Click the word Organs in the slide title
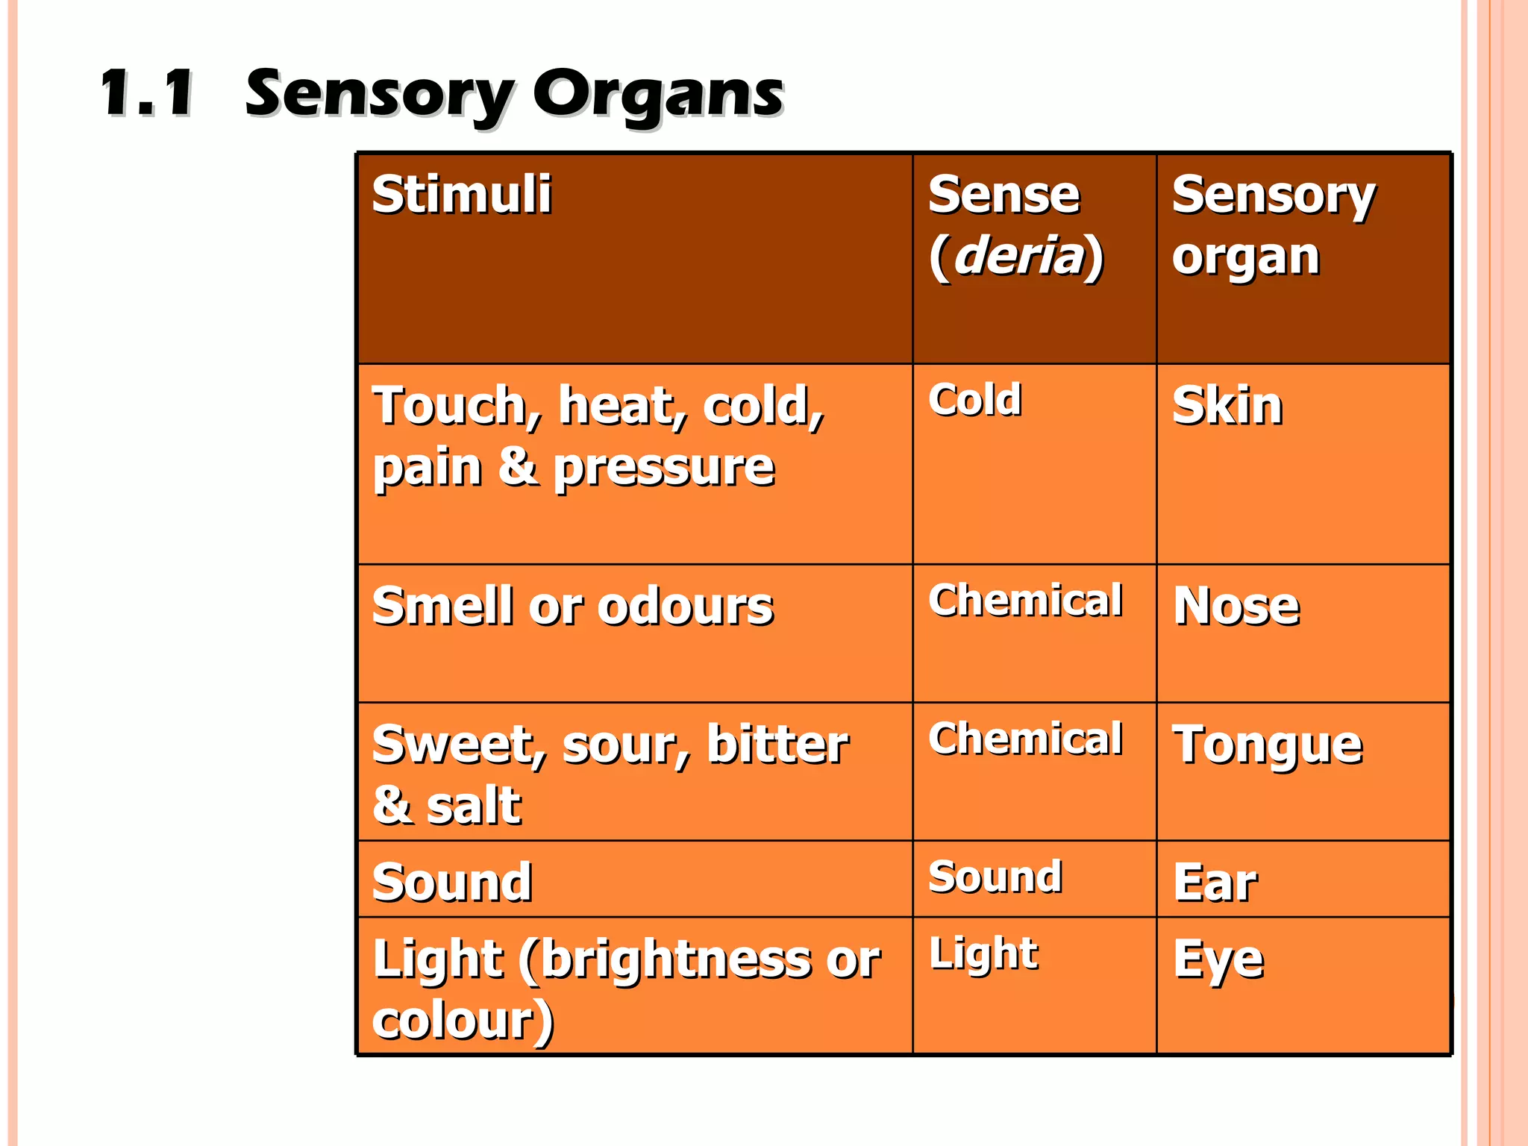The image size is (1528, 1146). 657,95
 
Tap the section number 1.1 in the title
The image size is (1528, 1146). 148,94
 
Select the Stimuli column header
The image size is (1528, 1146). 462,195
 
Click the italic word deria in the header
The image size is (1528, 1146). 1018,256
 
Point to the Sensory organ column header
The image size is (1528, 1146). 1273,225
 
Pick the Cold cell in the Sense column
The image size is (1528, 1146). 974,400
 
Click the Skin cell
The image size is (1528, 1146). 1227,407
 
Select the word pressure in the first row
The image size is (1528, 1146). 664,469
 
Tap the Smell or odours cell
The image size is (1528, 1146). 572,606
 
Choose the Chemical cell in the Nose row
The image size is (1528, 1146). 1025,601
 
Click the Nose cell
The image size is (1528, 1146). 1236,606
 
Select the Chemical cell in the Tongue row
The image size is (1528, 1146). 1025,739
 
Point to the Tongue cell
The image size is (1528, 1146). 1267,746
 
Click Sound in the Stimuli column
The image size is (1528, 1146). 452,883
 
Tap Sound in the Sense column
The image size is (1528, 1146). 995,877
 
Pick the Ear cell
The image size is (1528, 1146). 1215,883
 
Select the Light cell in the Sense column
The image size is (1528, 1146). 983,954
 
